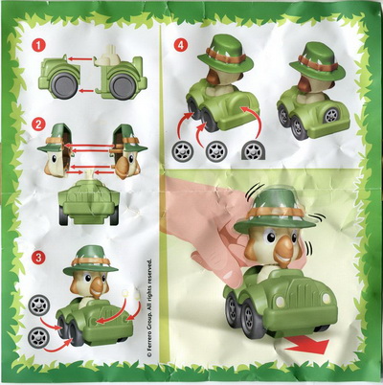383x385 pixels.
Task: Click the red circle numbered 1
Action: coord(38,46)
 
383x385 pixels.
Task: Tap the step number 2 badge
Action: coord(38,125)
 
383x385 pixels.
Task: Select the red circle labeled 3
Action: coord(38,258)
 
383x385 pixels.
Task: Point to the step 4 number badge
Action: coord(181,46)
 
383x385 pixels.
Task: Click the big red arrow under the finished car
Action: coord(307,346)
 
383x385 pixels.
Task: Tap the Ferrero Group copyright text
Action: coord(149,308)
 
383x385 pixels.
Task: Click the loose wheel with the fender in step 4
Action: coord(254,150)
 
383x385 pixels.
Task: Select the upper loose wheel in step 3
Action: coord(39,306)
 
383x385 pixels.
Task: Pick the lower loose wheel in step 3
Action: coord(38,337)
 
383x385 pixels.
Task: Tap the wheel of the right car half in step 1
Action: coord(122,86)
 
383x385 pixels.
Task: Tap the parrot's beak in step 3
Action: coord(97,287)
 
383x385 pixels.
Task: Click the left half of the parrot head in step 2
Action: coord(56,149)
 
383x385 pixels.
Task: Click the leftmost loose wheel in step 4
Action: coord(182,150)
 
